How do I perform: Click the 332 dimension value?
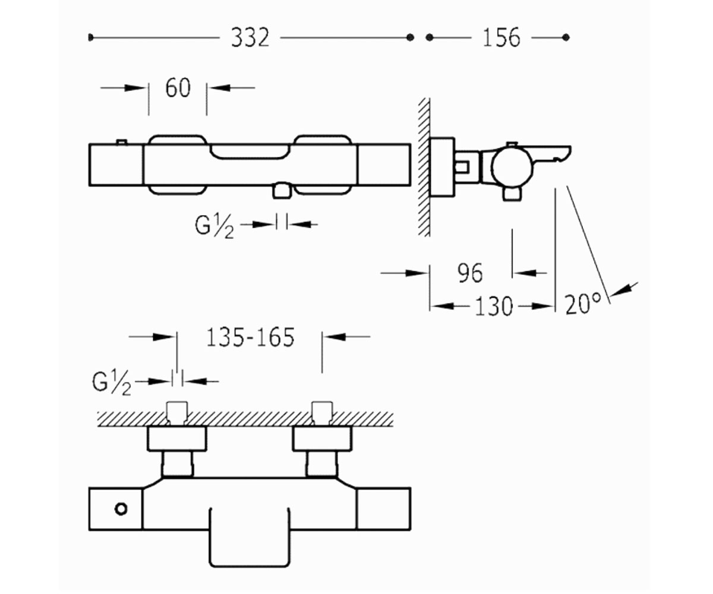pyautogui.click(x=250, y=37)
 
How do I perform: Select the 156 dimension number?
pyautogui.click(x=501, y=37)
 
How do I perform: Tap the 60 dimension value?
pyautogui.click(x=178, y=88)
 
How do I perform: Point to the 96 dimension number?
pyautogui.click(x=470, y=273)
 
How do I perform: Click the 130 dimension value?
pyautogui.click(x=494, y=307)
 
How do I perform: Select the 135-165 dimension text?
pyautogui.click(x=250, y=337)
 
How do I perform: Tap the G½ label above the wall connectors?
pyautogui.click(x=112, y=384)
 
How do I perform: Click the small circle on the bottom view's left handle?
pyautogui.click(x=121, y=509)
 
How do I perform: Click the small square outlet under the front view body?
pyautogui.click(x=282, y=191)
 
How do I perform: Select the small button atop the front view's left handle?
pyautogui.click(x=122, y=142)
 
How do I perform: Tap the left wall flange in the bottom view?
pyautogui.click(x=177, y=439)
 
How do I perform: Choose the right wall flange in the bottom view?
pyautogui.click(x=322, y=439)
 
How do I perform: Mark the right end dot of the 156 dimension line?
pyautogui.click(x=566, y=37)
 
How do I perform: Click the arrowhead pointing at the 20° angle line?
pyautogui.click(x=620, y=291)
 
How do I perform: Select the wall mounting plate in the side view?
pyautogui.click(x=443, y=168)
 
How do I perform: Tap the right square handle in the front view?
pyautogui.click(x=384, y=165)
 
